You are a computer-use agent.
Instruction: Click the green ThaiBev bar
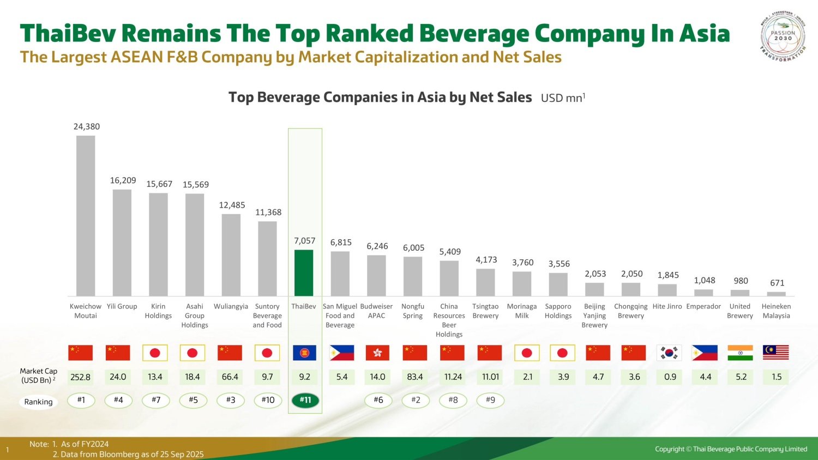[304, 273]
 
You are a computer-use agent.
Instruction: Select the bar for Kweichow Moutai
[86, 215]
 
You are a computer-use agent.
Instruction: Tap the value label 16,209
[123, 180]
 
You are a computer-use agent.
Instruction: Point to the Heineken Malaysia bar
[776, 294]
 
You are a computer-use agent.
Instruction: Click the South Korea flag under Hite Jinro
[670, 353]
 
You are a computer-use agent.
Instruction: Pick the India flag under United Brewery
[740, 353]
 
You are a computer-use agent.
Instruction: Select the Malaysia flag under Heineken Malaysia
[776, 353]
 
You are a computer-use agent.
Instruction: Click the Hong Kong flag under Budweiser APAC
[377, 353]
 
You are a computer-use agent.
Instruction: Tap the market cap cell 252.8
[81, 377]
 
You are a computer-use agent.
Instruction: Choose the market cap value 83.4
[415, 377]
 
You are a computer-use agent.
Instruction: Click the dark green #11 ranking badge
[305, 400]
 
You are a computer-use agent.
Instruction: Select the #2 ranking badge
[416, 400]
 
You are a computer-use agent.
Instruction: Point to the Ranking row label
[38, 402]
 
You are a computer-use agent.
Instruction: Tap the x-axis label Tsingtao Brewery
[485, 311]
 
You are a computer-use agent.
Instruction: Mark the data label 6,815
[341, 243]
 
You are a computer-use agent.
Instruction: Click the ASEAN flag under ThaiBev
[304, 353]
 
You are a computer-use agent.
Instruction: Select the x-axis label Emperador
[703, 306]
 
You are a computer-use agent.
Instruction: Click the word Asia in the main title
[704, 33]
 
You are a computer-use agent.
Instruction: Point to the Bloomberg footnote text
[128, 454]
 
